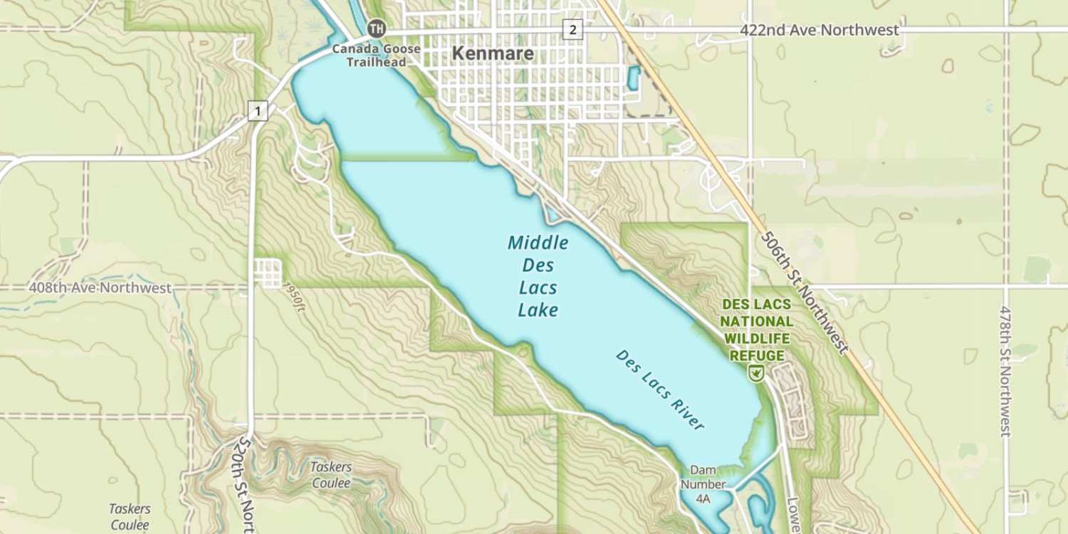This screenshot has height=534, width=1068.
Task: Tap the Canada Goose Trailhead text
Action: pyautogui.click(x=376, y=56)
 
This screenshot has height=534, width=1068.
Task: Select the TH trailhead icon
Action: pyautogui.click(x=376, y=29)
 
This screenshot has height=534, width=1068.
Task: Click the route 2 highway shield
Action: pyautogui.click(x=572, y=29)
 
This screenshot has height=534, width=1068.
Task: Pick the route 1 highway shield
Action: pyautogui.click(x=258, y=110)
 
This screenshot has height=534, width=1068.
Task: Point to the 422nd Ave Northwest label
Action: pyautogui.click(x=819, y=30)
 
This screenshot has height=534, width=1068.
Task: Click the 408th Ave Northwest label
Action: pyautogui.click(x=100, y=288)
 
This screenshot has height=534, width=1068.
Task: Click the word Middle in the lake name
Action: pyautogui.click(x=538, y=244)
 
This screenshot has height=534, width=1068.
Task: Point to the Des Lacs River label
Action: pyautogui.click(x=660, y=389)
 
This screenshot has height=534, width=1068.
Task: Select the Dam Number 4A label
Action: pyautogui.click(x=703, y=484)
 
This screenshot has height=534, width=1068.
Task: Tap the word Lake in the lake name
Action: pyautogui.click(x=538, y=310)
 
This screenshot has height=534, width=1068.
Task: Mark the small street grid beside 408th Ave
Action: pyautogui.click(x=268, y=273)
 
